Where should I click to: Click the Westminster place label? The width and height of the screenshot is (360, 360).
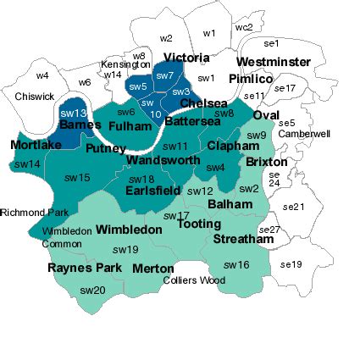(274, 63)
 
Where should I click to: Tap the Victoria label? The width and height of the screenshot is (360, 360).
(186, 58)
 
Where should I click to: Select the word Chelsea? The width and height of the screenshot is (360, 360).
(203, 103)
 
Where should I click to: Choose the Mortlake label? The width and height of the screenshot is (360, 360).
(36, 145)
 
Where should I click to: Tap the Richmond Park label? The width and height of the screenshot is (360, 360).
(26, 213)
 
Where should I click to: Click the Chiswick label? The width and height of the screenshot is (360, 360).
(33, 97)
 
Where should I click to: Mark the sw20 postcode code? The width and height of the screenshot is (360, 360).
(92, 291)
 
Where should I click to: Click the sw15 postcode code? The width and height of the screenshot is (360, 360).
(77, 178)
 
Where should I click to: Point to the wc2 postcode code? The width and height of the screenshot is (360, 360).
(243, 27)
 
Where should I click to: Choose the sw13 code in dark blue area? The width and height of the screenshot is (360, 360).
(74, 113)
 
